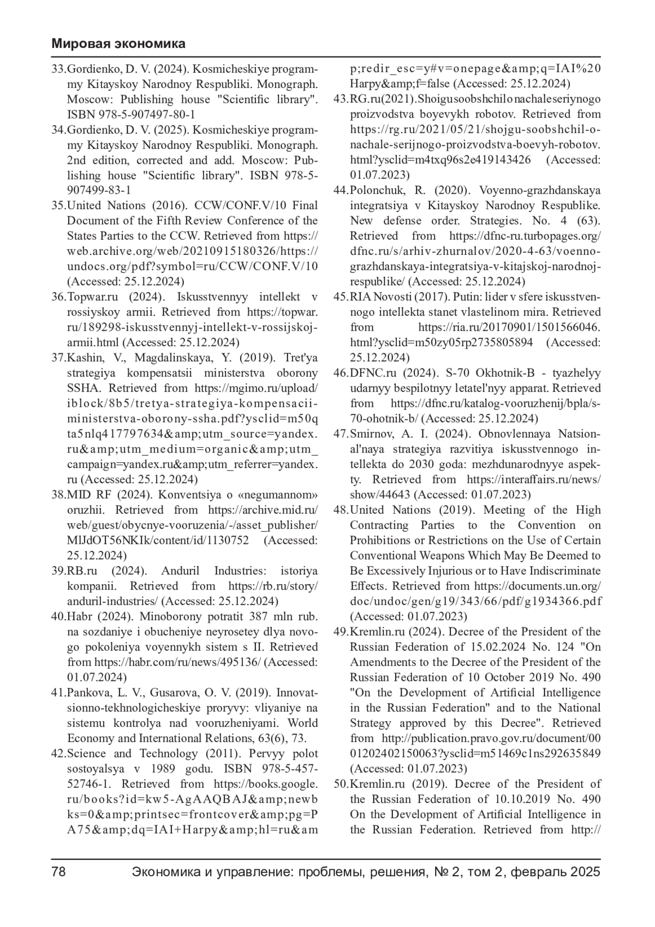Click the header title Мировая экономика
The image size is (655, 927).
pyautogui.click(x=118, y=44)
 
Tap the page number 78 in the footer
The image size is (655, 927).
pyautogui.click(x=59, y=872)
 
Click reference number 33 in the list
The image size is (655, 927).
pyautogui.click(x=58, y=69)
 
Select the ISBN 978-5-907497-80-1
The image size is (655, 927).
pyautogui.click(x=131, y=115)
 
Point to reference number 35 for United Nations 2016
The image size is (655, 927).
pyautogui.click(x=58, y=206)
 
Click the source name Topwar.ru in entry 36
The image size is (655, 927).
pyautogui.click(x=93, y=297)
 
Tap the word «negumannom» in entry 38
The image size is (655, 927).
pyautogui.click(x=284, y=495)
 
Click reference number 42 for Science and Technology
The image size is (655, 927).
pyautogui.click(x=58, y=754)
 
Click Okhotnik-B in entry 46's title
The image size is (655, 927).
pyautogui.click(x=504, y=373)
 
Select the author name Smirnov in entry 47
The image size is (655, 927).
pyautogui.click(x=372, y=434)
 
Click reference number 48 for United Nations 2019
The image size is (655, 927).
pyautogui.click(x=341, y=510)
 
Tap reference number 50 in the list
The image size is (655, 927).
pyautogui.click(x=341, y=784)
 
